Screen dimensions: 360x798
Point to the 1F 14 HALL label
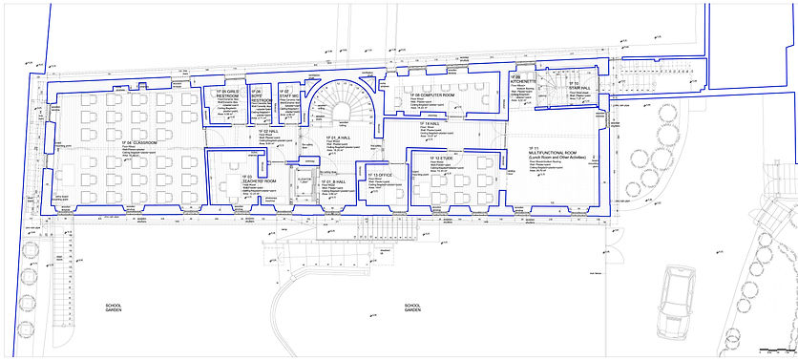click(x=430, y=123)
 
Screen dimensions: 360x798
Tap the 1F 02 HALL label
click(x=272, y=131)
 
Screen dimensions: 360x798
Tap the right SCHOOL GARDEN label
click(x=411, y=307)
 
